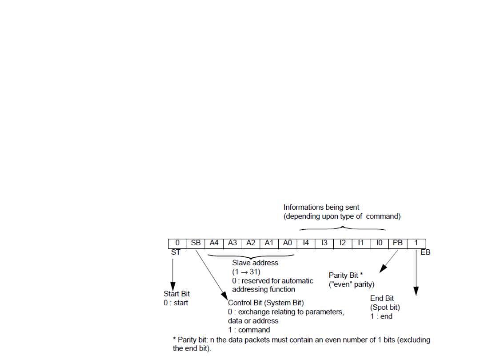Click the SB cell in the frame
196,244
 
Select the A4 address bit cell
214,244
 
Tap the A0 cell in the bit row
288,244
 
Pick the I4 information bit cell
306,244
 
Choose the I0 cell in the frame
379,244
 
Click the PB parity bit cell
397,244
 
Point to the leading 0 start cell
177,244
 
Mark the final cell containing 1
416,244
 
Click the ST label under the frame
176,252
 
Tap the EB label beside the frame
425,252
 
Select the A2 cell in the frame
251,244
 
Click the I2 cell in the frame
343,244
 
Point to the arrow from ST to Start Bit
173,273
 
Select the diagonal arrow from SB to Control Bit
211,274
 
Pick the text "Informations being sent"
321,207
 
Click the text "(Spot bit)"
385,307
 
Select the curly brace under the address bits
252,256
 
